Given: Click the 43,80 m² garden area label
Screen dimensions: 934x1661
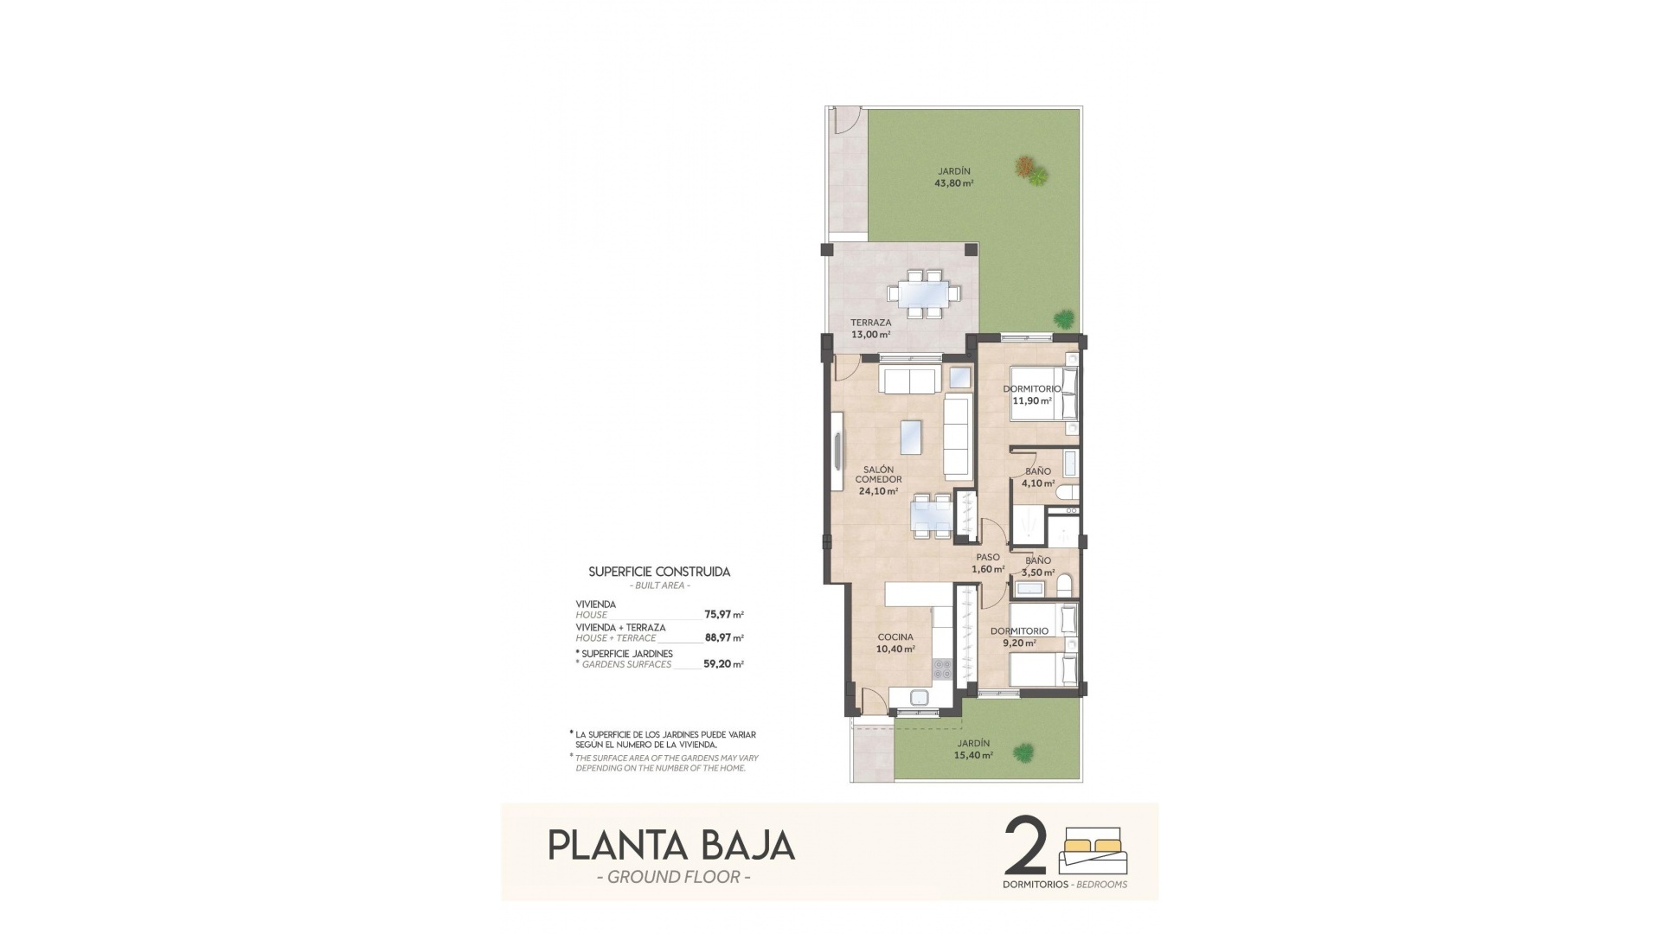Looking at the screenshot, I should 953,177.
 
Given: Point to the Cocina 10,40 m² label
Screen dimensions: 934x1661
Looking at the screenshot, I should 895,643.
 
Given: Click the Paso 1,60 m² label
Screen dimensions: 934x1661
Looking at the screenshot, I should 988,563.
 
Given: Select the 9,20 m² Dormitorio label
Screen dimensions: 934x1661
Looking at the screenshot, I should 1020,637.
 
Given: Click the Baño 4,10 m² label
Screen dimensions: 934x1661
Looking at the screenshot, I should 1037,477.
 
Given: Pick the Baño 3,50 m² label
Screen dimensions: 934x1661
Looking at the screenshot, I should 1037,566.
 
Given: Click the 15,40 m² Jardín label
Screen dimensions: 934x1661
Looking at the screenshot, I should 974,749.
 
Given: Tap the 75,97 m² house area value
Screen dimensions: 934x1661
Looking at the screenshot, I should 724,615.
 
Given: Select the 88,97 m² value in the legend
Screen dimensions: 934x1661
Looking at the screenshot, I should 724,638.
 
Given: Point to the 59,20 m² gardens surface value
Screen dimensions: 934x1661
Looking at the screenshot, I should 724,665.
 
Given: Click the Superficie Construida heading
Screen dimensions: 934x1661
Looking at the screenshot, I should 659,572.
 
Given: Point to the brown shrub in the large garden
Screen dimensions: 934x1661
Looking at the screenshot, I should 1024,164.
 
